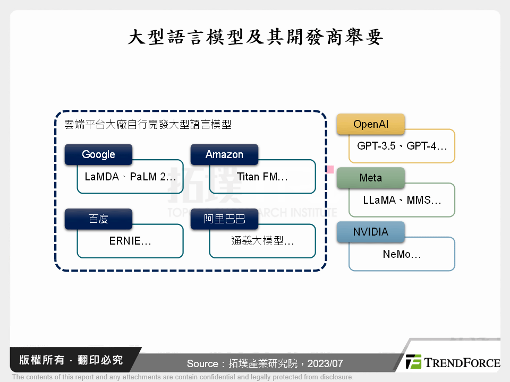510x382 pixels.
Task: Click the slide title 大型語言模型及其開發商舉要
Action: point(255,38)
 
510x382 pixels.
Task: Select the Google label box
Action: point(98,154)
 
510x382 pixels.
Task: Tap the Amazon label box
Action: point(224,154)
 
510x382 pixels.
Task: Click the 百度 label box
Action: point(98,219)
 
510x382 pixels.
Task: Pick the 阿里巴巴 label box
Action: point(224,219)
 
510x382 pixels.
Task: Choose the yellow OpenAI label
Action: point(370,124)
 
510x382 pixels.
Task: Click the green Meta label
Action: point(370,178)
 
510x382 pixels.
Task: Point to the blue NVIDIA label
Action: point(370,232)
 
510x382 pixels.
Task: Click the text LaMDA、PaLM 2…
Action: point(130,177)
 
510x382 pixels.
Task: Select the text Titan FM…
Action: point(262,177)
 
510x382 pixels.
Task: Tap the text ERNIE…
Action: point(130,241)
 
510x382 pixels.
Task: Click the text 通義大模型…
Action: point(262,241)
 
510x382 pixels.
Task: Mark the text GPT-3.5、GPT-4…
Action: point(402,146)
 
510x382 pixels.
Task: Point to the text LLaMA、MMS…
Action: point(402,200)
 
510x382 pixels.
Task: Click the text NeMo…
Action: point(402,254)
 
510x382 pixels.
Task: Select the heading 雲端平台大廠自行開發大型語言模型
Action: point(148,125)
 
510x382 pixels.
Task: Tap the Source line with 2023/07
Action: point(265,363)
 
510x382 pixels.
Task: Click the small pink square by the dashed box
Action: point(330,169)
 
